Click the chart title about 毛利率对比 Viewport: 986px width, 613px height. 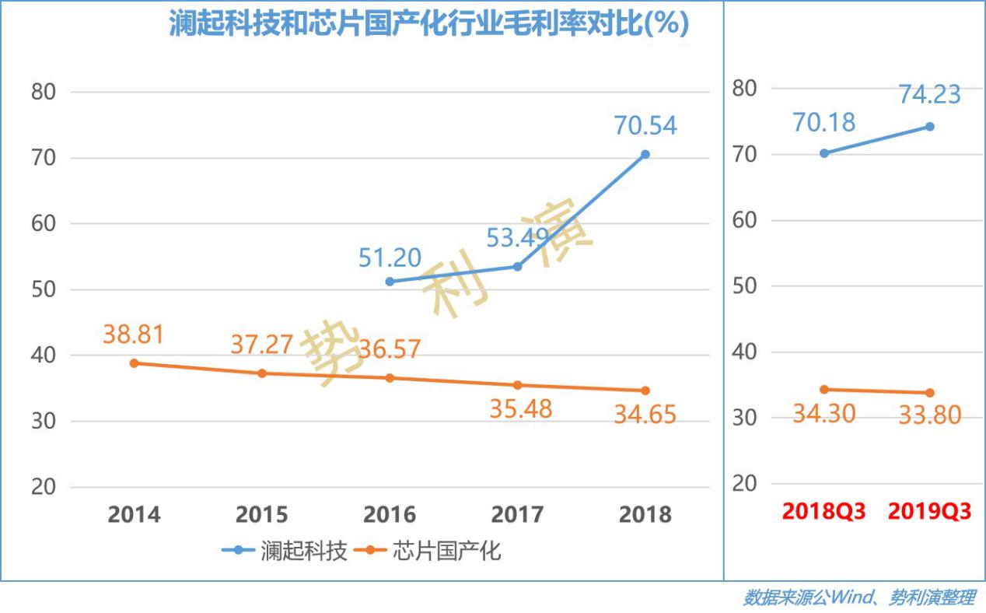point(429,23)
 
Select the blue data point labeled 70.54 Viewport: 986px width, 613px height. point(645,154)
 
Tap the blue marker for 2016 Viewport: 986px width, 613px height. point(390,281)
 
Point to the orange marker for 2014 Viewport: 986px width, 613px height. point(134,363)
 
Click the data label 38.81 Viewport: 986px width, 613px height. point(134,335)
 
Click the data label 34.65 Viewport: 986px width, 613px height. point(645,415)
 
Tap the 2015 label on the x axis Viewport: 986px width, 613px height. point(262,514)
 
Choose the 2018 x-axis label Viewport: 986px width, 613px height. point(645,514)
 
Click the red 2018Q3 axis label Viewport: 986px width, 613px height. point(823,512)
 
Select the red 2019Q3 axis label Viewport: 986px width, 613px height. point(929,512)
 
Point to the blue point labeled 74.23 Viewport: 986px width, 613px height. point(929,126)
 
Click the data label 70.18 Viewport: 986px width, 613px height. point(823,123)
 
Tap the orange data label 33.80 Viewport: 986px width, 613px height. point(929,415)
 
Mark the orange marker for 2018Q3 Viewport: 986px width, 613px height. point(823,389)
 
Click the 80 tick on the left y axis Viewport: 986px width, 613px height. point(44,92)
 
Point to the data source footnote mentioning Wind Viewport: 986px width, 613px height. point(858,597)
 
